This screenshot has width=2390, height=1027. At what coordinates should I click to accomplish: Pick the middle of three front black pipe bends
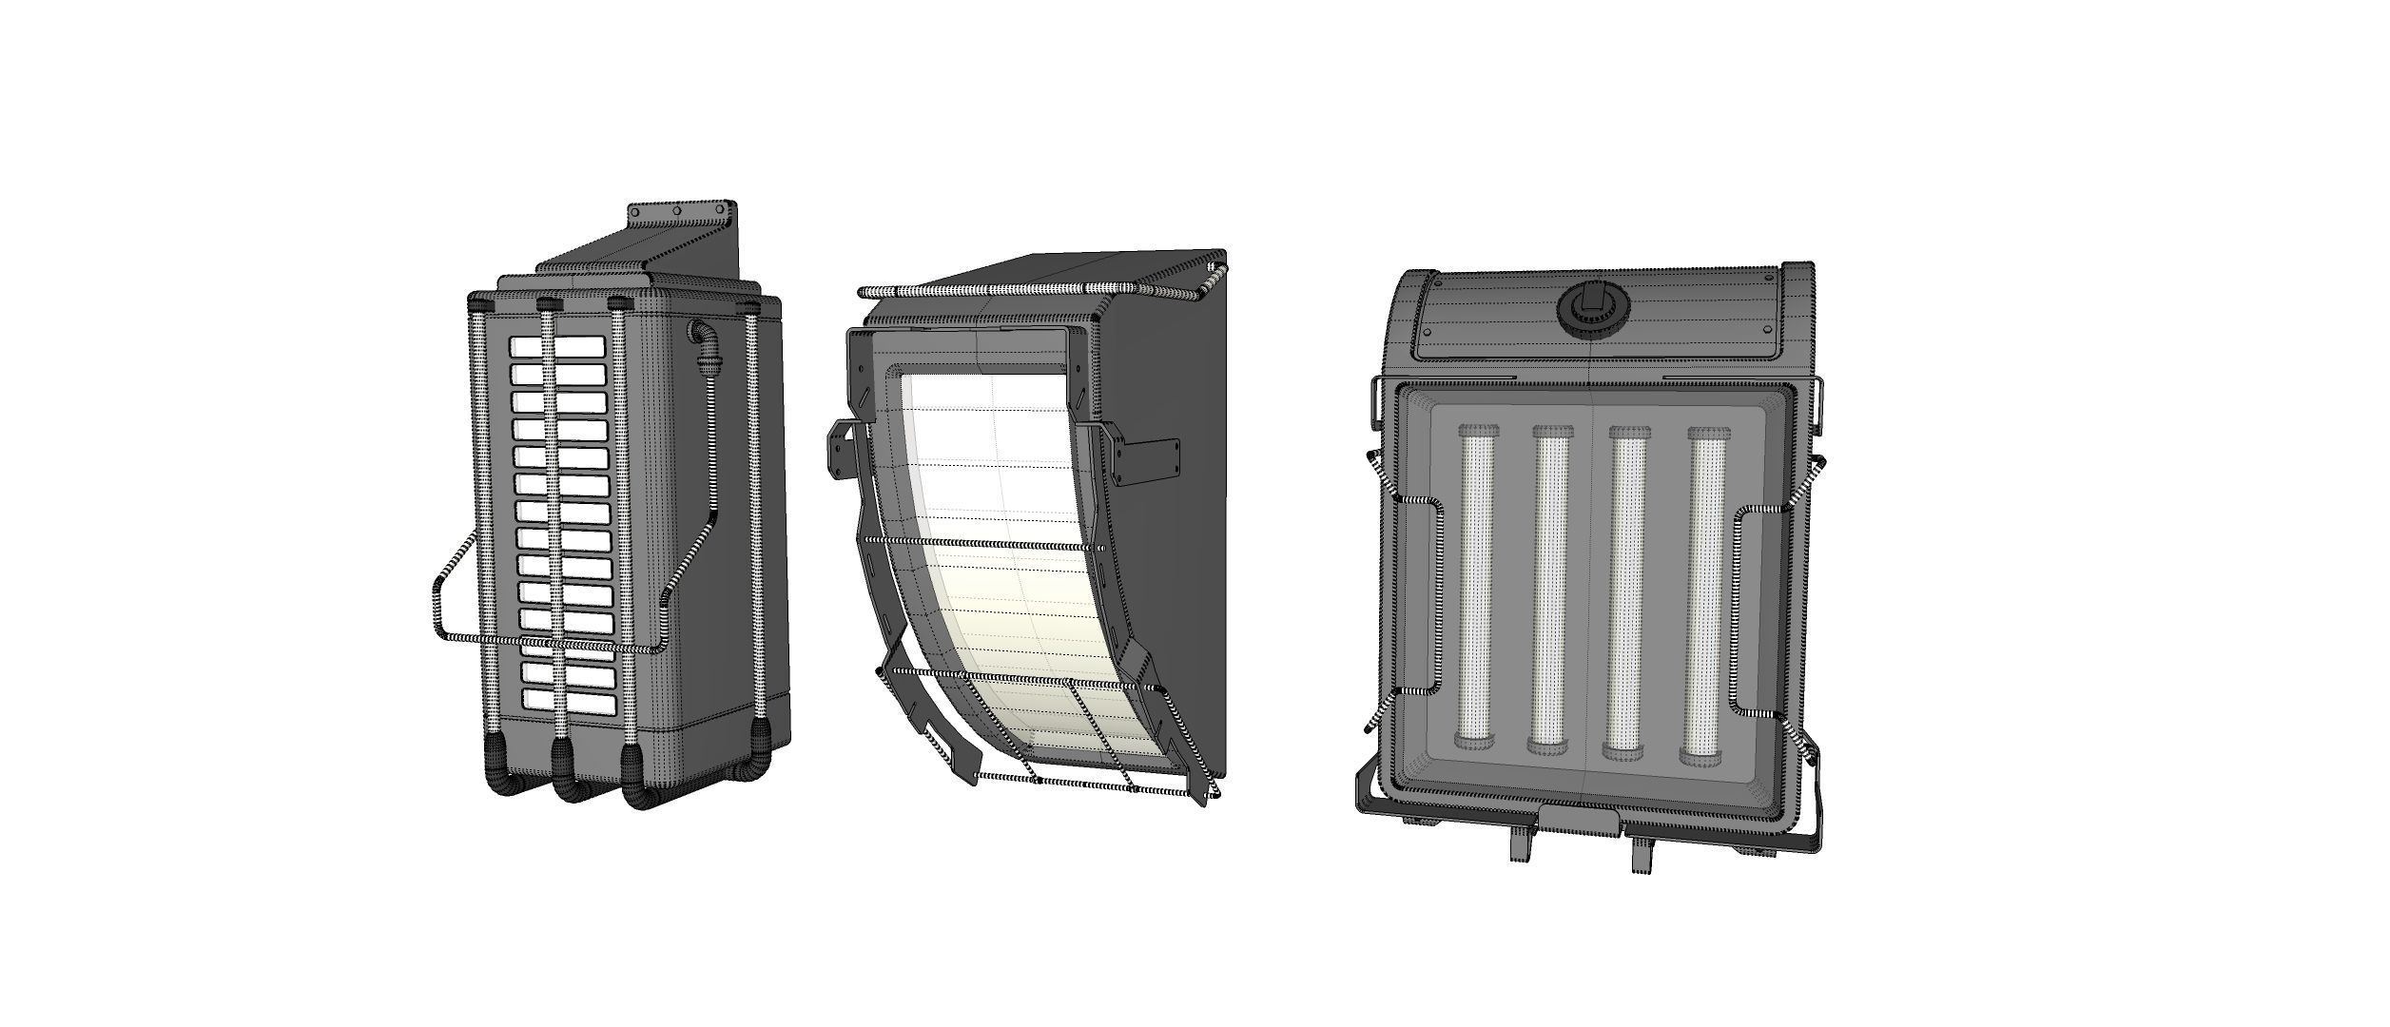(x=568, y=780)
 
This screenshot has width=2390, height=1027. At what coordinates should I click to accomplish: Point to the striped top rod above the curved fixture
(x=1037, y=289)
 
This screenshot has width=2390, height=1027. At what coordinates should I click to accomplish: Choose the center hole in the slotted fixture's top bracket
(x=678, y=211)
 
